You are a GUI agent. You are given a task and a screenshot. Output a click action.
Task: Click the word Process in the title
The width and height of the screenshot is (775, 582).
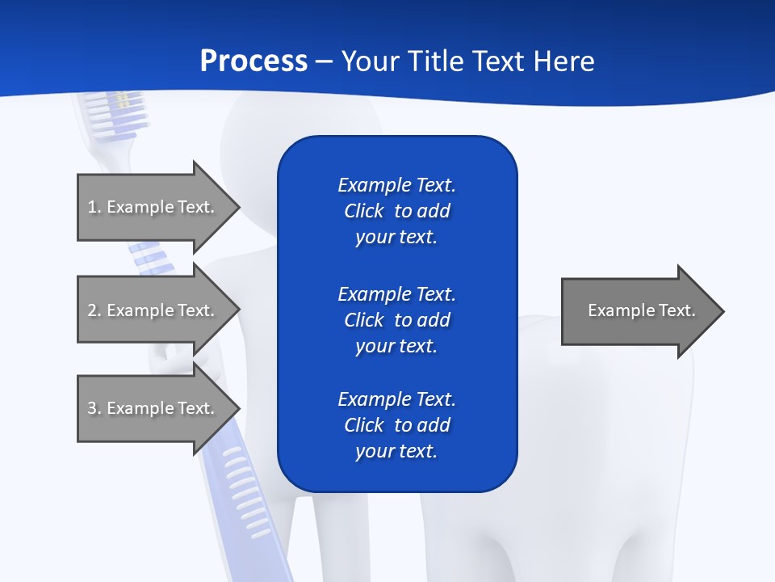(x=253, y=61)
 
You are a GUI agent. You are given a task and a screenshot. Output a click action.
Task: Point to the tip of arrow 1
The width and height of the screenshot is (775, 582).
(x=238, y=207)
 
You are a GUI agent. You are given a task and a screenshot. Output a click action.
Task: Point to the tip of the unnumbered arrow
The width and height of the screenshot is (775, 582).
(x=723, y=311)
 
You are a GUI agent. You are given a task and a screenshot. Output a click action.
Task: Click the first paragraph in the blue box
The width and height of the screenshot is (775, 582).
(x=396, y=211)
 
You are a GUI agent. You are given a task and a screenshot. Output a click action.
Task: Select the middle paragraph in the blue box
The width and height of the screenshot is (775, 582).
(x=396, y=319)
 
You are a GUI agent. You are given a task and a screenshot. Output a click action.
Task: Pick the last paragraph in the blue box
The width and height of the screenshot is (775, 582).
(x=396, y=425)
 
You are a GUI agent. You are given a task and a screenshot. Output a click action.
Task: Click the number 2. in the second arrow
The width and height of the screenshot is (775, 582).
(x=94, y=310)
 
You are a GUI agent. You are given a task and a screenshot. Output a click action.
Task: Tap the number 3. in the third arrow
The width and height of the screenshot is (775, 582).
(x=94, y=408)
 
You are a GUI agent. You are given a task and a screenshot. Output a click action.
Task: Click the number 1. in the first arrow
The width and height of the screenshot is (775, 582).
(x=94, y=207)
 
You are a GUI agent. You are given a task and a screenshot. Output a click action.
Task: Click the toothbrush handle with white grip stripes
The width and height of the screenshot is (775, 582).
(x=246, y=493)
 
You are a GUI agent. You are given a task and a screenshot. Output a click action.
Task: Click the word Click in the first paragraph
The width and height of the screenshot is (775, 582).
(x=364, y=211)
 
